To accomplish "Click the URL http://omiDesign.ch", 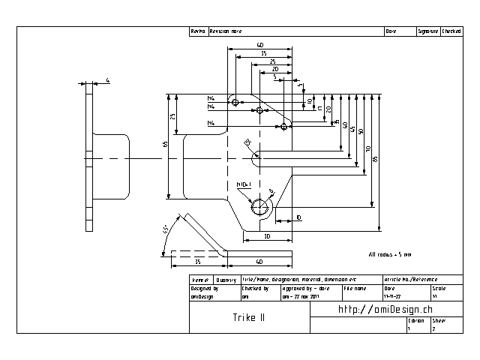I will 385,309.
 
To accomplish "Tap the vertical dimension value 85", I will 375,157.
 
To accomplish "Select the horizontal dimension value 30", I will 267,236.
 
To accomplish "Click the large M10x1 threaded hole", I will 260,207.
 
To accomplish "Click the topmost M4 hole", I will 235,102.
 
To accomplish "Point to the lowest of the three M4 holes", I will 283,126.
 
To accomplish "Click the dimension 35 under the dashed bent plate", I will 196,262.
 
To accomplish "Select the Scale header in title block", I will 438,288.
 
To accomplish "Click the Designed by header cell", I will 204,288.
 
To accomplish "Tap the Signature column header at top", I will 428,31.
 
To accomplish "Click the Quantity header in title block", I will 226,279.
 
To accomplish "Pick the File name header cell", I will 355,288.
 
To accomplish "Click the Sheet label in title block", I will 438,320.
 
